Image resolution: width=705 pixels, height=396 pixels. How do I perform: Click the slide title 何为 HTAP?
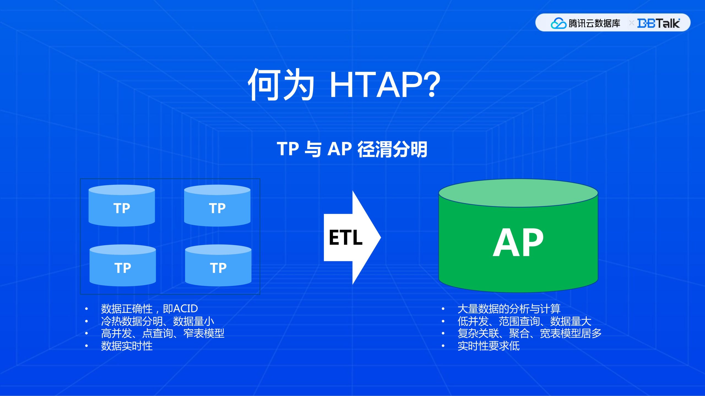point(344,84)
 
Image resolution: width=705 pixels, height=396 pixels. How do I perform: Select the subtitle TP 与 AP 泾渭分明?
point(352,149)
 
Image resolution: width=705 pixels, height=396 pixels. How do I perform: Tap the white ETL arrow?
point(352,237)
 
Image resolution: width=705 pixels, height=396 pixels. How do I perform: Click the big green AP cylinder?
point(518,236)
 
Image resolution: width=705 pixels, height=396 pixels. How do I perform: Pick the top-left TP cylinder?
point(122,205)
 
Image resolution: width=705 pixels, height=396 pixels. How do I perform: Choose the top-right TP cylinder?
point(217,205)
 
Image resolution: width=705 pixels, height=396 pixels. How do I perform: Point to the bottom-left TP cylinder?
point(123,265)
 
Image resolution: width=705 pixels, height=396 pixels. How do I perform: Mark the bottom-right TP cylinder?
point(218,265)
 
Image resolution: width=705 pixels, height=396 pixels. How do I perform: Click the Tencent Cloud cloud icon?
point(558,23)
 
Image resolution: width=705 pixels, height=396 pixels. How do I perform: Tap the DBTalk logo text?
point(658,23)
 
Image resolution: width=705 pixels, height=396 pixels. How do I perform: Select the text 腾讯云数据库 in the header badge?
point(594,23)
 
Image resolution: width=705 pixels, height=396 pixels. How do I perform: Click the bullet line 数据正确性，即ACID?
point(149,309)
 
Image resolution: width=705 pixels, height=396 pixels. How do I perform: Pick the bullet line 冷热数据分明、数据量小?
point(158,321)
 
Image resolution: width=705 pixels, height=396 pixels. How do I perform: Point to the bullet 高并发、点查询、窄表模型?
point(162,334)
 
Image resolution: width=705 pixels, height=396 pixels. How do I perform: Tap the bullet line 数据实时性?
point(127,346)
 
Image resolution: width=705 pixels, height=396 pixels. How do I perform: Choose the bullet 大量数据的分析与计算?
point(509,309)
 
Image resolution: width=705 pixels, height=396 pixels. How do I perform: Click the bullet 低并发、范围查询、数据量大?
point(524,321)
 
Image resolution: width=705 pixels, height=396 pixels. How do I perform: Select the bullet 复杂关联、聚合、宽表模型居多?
point(530,334)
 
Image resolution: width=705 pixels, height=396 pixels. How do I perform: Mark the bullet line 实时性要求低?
point(489,346)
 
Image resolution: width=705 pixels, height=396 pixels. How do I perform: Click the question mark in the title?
point(431,84)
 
